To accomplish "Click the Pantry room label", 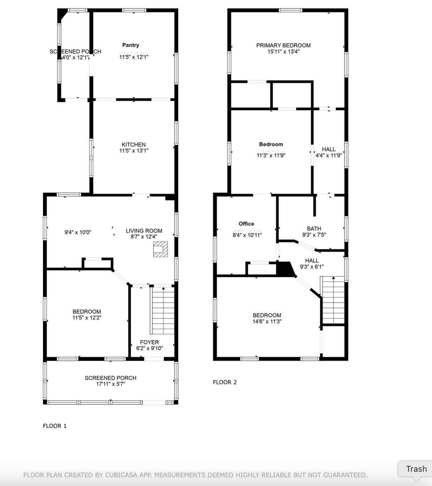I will click(131, 45).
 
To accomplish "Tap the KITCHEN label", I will click(134, 144).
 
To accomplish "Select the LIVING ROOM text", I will click(144, 231).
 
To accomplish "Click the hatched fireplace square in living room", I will click(160, 249).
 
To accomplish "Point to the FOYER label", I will click(149, 342).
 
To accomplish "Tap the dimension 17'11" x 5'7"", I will click(111, 384).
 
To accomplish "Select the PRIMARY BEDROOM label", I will click(283, 45).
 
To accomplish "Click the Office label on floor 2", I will click(246, 224).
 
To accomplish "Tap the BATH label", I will click(314, 228).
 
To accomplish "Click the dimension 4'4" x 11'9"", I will click(328, 155).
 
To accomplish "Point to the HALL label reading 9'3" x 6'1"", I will click(312, 261).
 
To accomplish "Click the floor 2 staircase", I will click(333, 300).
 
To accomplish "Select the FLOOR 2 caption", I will click(225, 382).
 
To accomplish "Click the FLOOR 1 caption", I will click(55, 426).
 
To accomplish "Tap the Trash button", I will click(416, 469).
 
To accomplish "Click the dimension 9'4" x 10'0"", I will click(78, 232).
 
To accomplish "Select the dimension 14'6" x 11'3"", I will click(267, 321).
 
